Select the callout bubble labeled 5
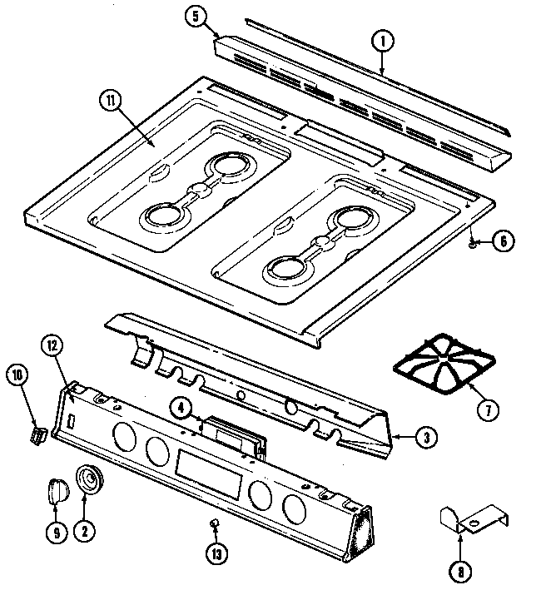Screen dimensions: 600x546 196,17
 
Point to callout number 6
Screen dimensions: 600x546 502,242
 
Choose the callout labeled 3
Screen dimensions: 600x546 425,435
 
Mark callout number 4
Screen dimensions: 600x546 180,408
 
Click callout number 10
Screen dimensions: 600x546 17,375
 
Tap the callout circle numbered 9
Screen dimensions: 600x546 56,533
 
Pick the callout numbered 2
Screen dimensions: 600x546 84,533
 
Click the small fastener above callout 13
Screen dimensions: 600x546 213,522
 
